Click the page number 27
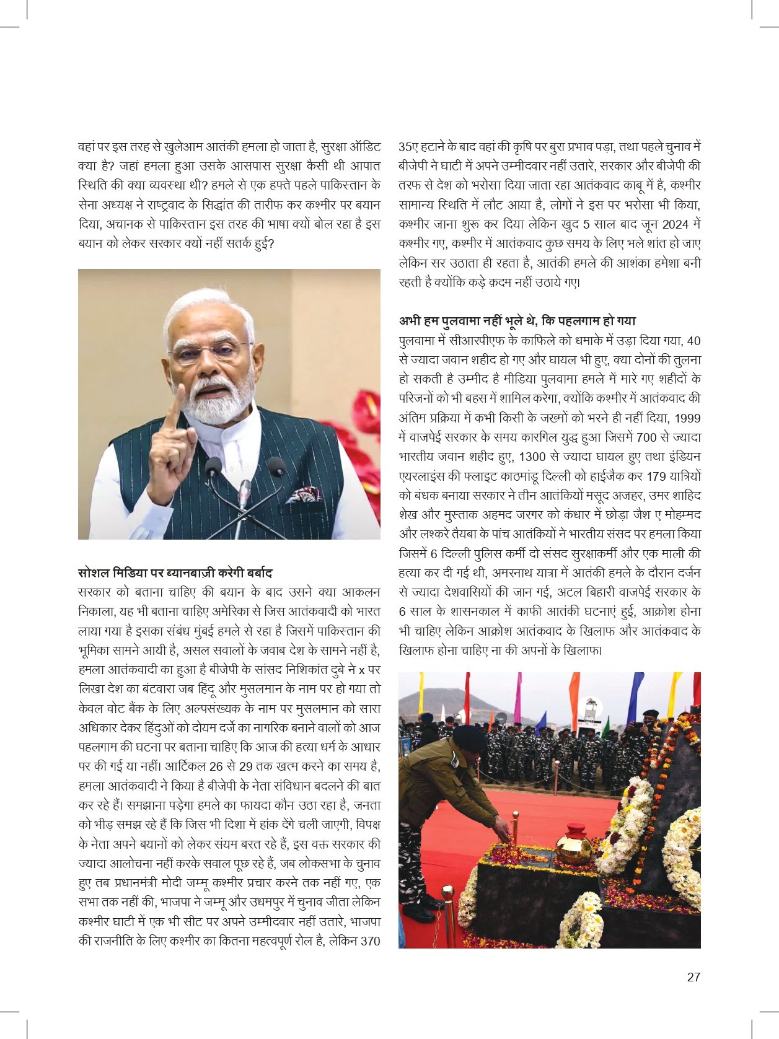[693, 977]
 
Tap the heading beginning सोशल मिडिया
[175, 573]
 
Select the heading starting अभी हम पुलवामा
[517, 321]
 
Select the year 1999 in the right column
[687, 418]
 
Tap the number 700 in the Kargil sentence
[646, 437]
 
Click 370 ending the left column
[370, 941]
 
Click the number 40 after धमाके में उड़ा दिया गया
[694, 341]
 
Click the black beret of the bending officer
[469, 737]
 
